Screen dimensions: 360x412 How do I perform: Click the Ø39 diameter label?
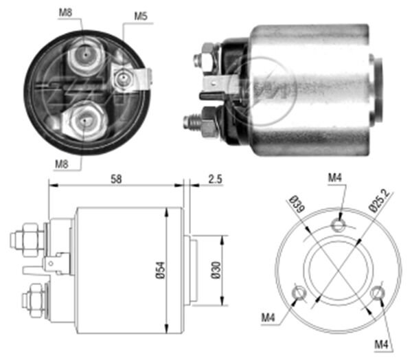pyautogui.click(x=297, y=207)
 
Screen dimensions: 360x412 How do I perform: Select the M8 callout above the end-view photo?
pyautogui.click(x=64, y=12)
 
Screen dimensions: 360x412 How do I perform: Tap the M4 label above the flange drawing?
pyautogui.click(x=335, y=179)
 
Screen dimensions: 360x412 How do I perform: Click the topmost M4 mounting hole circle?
pyautogui.click(x=338, y=224)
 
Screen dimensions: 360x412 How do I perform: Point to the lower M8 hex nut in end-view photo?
pyautogui.click(x=84, y=119)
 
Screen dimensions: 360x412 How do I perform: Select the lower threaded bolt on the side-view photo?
pyautogui.click(x=196, y=122)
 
